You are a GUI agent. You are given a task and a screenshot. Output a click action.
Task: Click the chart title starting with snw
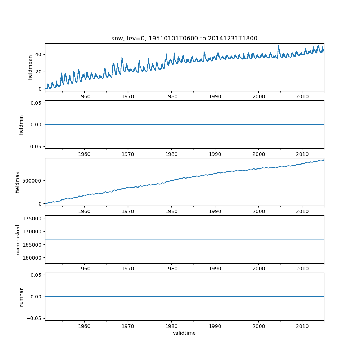tap(184, 39)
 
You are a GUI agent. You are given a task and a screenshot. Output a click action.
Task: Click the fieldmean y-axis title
tap(30, 67)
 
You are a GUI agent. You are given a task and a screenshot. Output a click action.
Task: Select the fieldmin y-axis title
tap(21, 125)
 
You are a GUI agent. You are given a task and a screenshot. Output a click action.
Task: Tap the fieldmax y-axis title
tap(17, 182)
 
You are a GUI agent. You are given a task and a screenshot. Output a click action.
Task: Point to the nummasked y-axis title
tap(17, 239)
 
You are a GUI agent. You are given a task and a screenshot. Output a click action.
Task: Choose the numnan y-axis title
tap(21, 297)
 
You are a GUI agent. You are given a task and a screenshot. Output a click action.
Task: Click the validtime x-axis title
tap(184, 333)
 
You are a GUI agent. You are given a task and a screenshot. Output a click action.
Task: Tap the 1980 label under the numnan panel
tap(171, 326)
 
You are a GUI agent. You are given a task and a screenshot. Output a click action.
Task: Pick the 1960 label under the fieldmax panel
tap(84, 211)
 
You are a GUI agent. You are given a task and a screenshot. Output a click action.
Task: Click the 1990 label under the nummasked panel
tap(215, 269)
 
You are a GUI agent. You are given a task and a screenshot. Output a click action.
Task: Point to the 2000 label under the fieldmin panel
tap(258, 154)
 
